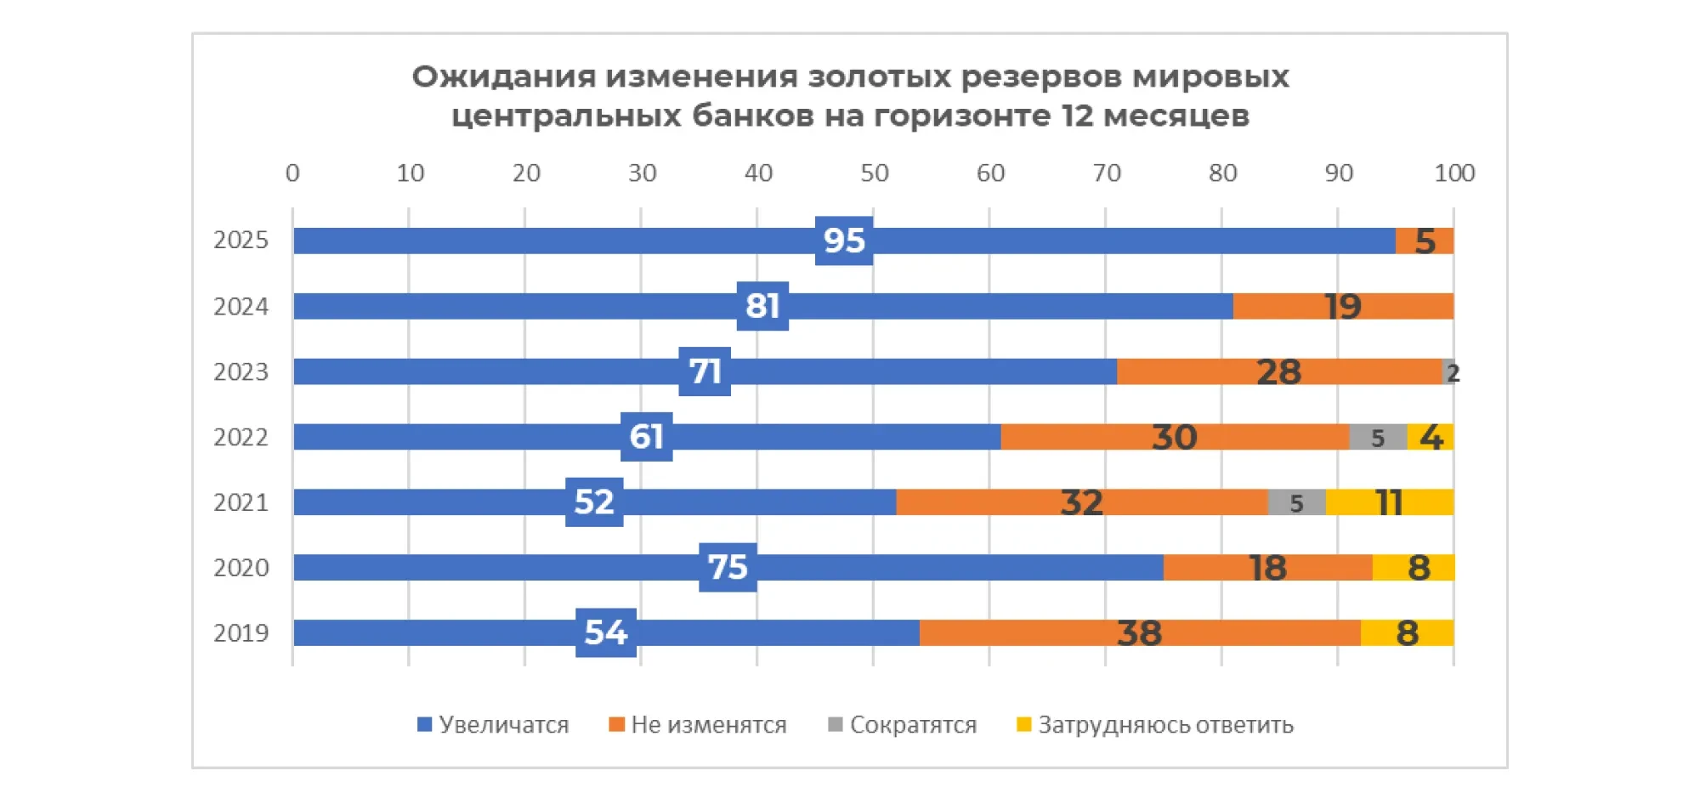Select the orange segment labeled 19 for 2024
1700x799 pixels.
pyautogui.click(x=1343, y=306)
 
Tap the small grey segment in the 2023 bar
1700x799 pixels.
pyautogui.click(x=1448, y=371)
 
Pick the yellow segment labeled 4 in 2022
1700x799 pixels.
pyautogui.click(x=1431, y=437)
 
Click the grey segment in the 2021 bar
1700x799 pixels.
pyautogui.click(x=1296, y=502)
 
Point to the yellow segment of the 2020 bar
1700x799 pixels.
pyautogui.click(x=1413, y=568)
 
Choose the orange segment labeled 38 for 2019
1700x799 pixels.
pyautogui.click(x=1139, y=633)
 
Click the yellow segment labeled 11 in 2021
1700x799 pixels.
pyautogui.click(x=1389, y=502)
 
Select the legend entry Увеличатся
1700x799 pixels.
pyautogui.click(x=493, y=725)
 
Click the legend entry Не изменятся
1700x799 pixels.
pyautogui.click(x=698, y=725)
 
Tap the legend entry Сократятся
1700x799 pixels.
pyautogui.click(x=903, y=725)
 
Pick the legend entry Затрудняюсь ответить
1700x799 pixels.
pyautogui.click(x=1155, y=725)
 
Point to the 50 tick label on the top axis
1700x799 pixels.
pyautogui.click(x=874, y=173)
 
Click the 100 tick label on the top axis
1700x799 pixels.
pyautogui.click(x=1453, y=173)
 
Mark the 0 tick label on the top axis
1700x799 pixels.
pyautogui.click(x=292, y=173)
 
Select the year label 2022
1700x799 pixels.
pyautogui.click(x=241, y=437)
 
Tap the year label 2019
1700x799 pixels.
pyautogui.click(x=241, y=633)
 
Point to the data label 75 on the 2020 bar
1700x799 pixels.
pyautogui.click(x=728, y=568)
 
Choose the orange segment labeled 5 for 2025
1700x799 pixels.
pyautogui.click(x=1425, y=241)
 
